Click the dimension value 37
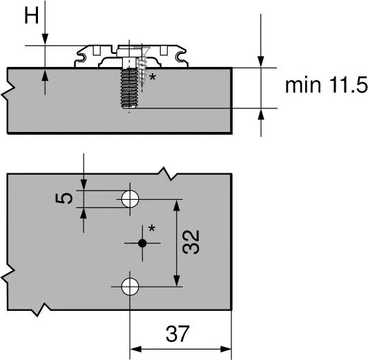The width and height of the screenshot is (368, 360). [179, 335]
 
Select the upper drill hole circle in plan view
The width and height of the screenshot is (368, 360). [129, 200]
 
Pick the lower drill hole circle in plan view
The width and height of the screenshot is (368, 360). [129, 285]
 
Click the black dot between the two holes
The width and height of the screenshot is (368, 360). [142, 243]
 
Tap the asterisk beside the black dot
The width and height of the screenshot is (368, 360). [152, 229]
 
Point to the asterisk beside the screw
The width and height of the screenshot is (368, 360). [152, 78]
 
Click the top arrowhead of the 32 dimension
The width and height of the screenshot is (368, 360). [178, 205]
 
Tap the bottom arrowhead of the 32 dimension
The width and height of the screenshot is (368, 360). [178, 280]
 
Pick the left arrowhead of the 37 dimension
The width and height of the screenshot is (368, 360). [136, 348]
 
